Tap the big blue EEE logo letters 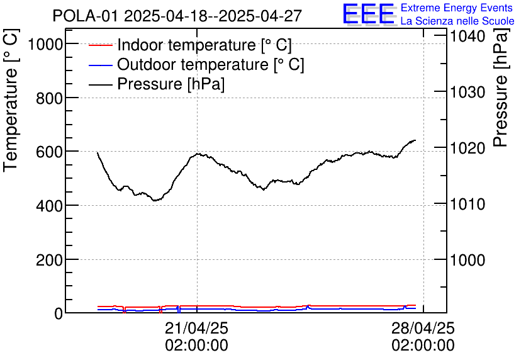coord(369,14)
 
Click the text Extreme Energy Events coord(456,8)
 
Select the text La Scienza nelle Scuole coord(457,21)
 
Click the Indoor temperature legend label coord(204,45)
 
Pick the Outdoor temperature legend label coord(211,64)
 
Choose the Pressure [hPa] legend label coord(171,84)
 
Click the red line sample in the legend coord(101,45)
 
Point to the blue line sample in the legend coord(101,65)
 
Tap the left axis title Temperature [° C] coord(11,102)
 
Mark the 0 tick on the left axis coord(59,313)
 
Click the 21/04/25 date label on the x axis coord(196,329)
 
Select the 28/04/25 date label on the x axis coord(423,329)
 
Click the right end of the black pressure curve coord(415,140)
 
